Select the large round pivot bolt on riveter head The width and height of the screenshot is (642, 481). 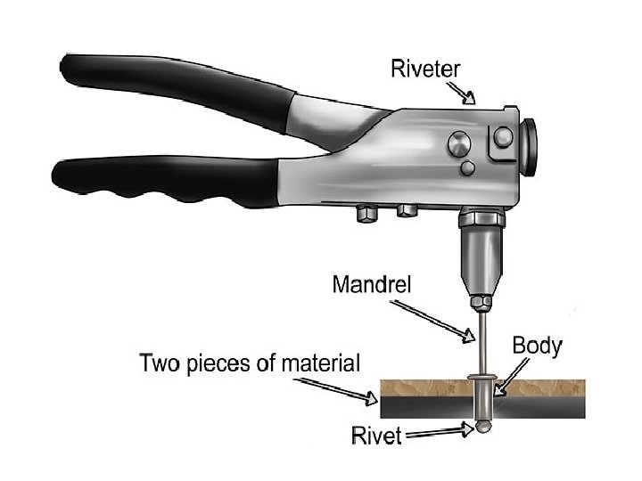tap(457, 142)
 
